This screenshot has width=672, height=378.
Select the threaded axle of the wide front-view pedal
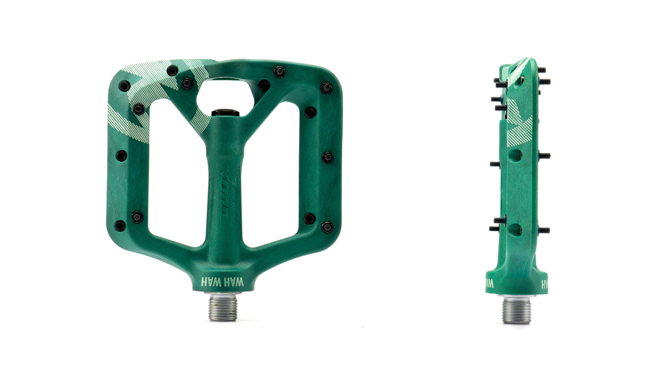coord(223,307)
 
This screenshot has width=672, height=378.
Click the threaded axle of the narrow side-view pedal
coord(517,310)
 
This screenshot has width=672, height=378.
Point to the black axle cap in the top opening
coord(225,113)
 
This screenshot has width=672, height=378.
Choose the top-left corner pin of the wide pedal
coord(124,86)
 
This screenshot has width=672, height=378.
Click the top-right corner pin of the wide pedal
coord(326,88)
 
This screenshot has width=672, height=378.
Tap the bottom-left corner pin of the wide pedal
coord(120,226)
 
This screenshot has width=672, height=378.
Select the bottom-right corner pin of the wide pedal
coord(327,227)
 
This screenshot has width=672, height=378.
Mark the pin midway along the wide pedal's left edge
coord(121,156)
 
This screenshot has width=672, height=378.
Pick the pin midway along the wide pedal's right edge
coord(327,157)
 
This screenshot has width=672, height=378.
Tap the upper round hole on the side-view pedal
coord(515,155)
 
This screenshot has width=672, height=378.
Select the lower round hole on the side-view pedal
coord(515,229)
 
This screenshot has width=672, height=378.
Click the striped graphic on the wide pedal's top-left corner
coord(140,98)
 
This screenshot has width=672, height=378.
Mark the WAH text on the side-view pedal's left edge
coord(489,283)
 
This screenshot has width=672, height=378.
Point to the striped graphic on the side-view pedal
coord(519,126)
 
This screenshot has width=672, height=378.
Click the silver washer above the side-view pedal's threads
coord(517,296)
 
